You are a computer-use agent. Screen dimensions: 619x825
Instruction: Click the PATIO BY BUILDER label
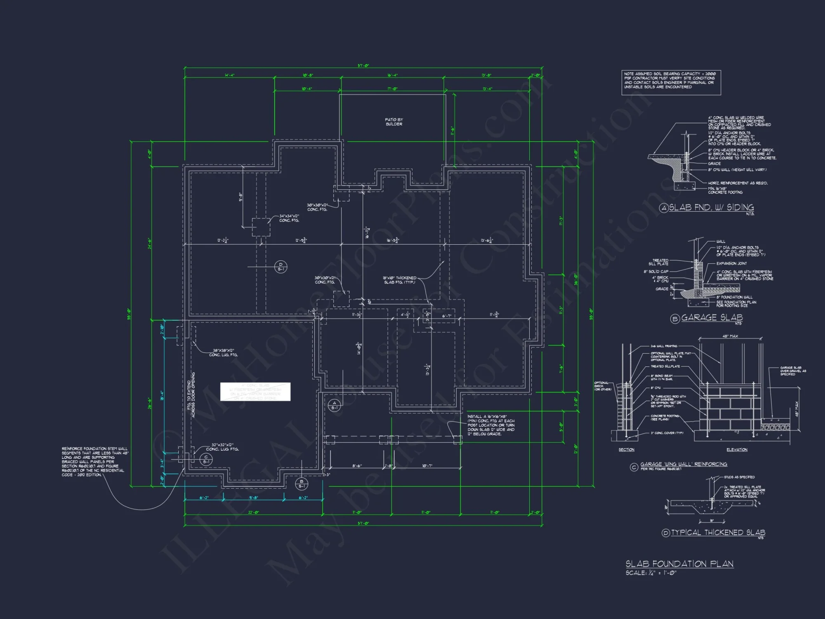(x=394, y=122)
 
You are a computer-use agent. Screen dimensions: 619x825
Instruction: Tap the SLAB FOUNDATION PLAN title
(x=679, y=564)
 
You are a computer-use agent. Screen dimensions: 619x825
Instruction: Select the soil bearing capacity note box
(x=671, y=83)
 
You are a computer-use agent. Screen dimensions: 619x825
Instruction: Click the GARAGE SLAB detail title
(x=712, y=317)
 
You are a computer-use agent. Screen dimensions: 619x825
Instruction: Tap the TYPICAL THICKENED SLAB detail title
(x=718, y=533)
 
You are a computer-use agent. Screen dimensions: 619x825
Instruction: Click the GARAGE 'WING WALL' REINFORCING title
(x=684, y=464)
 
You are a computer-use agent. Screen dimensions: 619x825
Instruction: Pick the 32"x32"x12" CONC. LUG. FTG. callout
(x=222, y=447)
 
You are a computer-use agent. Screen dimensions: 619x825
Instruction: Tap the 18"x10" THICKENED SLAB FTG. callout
(x=400, y=280)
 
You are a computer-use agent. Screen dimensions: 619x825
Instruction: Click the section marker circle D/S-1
(x=280, y=267)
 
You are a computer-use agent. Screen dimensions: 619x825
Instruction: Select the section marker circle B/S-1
(x=301, y=484)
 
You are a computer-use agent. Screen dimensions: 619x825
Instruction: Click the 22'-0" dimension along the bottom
(x=253, y=513)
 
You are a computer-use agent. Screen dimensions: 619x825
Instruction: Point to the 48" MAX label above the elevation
(x=730, y=336)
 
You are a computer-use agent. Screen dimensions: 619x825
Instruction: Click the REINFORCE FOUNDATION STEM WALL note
(x=94, y=461)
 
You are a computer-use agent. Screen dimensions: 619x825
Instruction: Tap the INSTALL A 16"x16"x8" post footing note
(x=490, y=425)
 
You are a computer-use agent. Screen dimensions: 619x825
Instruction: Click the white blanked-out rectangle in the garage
(x=255, y=392)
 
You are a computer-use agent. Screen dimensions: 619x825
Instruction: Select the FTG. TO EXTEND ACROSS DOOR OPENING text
(x=191, y=395)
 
